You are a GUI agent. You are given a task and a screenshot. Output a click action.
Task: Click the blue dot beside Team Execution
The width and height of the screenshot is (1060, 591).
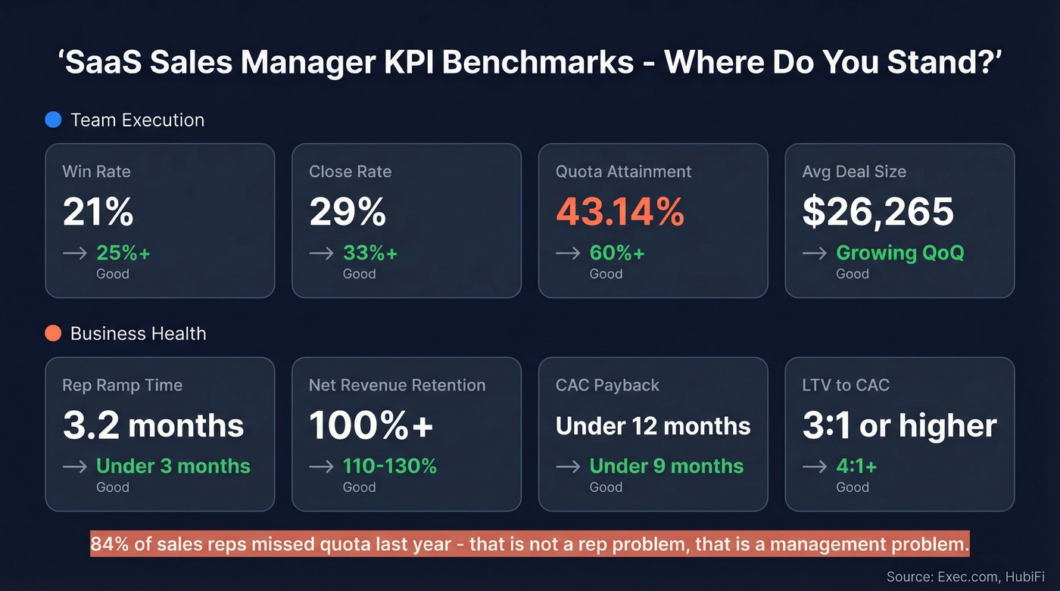click(x=53, y=120)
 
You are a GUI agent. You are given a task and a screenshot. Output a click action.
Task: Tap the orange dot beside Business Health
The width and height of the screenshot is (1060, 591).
click(x=53, y=334)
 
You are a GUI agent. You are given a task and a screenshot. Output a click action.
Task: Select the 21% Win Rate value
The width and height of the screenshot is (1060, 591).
click(x=98, y=212)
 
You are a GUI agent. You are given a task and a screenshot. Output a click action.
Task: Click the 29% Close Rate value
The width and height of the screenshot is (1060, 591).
click(x=348, y=212)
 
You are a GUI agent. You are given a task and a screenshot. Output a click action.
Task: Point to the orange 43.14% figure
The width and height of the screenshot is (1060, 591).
click(x=619, y=212)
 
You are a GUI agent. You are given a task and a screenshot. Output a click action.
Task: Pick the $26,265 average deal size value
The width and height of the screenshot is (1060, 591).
click(x=878, y=212)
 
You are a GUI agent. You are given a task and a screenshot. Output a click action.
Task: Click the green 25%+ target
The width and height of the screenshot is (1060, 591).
click(x=123, y=253)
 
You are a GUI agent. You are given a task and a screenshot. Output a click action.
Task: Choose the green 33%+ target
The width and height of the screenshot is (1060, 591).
click(x=370, y=253)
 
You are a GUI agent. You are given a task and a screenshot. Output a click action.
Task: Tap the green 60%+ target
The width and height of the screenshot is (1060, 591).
click(x=617, y=253)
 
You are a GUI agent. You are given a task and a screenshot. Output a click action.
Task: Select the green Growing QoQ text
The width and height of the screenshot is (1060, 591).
click(x=899, y=253)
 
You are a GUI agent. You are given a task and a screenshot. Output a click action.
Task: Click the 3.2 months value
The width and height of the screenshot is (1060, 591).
click(x=153, y=426)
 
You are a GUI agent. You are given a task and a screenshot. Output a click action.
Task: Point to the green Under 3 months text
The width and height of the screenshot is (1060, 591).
click(x=173, y=466)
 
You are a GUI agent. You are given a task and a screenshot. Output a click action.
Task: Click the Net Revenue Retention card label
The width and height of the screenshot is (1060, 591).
click(x=397, y=385)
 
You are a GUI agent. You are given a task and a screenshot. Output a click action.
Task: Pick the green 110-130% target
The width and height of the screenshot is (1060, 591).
click(x=389, y=466)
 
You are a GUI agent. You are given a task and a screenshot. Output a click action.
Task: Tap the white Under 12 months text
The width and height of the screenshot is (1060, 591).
click(x=653, y=426)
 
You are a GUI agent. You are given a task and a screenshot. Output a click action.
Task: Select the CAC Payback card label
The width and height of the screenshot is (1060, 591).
click(x=607, y=385)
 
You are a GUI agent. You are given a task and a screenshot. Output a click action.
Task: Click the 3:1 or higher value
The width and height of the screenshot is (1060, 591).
click(x=899, y=426)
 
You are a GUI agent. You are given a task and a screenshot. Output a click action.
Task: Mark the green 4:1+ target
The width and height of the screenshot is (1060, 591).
click(x=856, y=466)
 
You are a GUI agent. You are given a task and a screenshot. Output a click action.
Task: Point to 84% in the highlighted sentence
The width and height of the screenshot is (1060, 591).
click(x=109, y=544)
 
